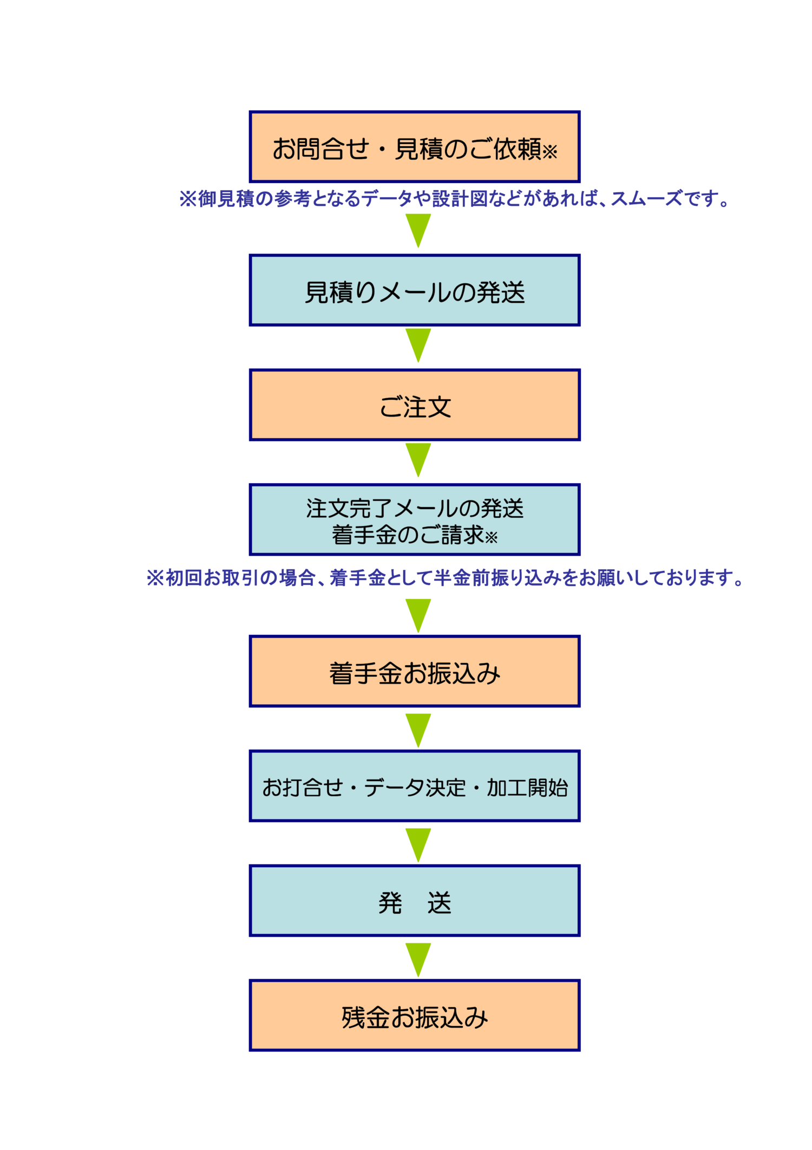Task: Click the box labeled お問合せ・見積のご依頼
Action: tap(414, 147)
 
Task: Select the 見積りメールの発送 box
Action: tap(414, 290)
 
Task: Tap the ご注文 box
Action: tap(414, 405)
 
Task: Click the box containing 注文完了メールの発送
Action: tap(414, 520)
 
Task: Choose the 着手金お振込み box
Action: tap(414, 672)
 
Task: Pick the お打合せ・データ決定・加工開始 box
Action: tap(414, 787)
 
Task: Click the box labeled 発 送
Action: tap(414, 901)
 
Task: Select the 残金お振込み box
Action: tap(414, 1016)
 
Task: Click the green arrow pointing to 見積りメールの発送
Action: tap(418, 230)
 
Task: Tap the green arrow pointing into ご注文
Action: tap(418, 345)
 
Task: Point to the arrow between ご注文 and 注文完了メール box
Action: tap(418, 459)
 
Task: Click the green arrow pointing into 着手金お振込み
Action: tap(418, 615)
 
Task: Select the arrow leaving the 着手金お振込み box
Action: tap(418, 730)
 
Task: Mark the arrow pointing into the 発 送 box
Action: tap(418, 844)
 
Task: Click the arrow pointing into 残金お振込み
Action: tap(418, 959)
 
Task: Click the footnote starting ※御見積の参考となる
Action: tap(455, 199)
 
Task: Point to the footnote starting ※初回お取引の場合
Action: tap(446, 578)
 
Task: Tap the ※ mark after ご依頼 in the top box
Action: tap(549, 152)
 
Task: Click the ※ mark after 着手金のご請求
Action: tap(491, 537)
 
